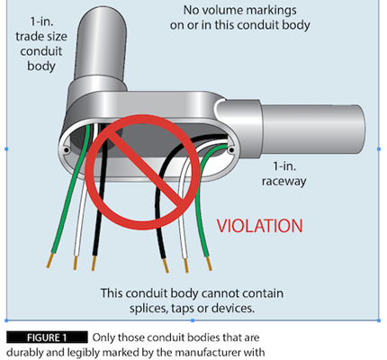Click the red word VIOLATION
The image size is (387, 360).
[x=260, y=226]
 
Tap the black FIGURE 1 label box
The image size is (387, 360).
[x=47, y=337]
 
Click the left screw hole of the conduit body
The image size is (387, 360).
[x=67, y=149]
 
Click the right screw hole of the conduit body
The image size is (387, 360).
[x=231, y=149]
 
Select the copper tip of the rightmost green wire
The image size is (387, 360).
[x=209, y=264]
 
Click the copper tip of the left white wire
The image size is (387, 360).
[x=76, y=263]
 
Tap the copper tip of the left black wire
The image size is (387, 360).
[x=94, y=263]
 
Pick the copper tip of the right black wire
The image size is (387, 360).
[x=166, y=265]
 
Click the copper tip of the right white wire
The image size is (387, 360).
[x=186, y=265]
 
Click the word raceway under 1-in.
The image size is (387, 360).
[x=283, y=181]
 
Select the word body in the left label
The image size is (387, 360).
[x=41, y=66]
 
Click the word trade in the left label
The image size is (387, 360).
[x=28, y=37]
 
